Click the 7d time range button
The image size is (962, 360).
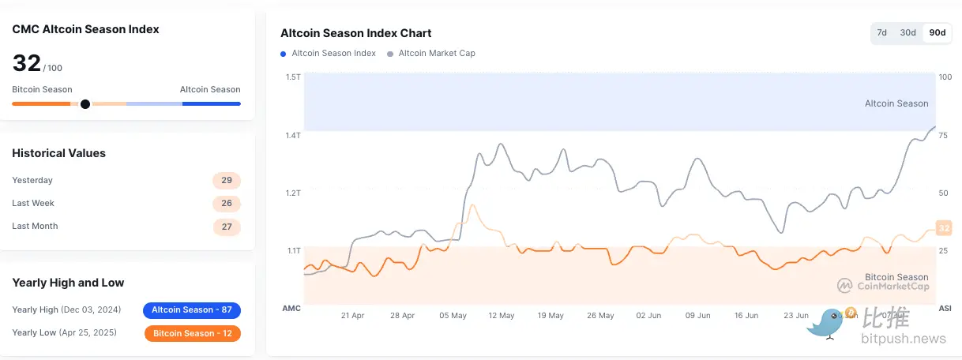click(882, 32)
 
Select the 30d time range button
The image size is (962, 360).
click(908, 32)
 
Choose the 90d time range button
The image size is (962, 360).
click(938, 32)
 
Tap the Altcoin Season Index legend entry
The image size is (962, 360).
click(328, 54)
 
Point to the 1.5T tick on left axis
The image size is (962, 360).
click(293, 77)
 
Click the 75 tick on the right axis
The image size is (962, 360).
click(943, 135)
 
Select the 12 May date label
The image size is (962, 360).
click(502, 315)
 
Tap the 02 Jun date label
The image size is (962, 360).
click(649, 315)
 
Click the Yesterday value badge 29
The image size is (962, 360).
click(227, 181)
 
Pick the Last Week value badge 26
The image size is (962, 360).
click(227, 204)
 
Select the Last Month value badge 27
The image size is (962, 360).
click(227, 227)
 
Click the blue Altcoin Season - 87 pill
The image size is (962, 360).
click(192, 310)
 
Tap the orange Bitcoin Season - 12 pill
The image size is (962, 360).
click(192, 333)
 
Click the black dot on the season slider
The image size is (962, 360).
click(85, 103)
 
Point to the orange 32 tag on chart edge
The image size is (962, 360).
click(943, 228)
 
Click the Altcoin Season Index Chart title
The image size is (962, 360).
click(356, 33)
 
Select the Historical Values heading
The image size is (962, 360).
click(59, 153)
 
